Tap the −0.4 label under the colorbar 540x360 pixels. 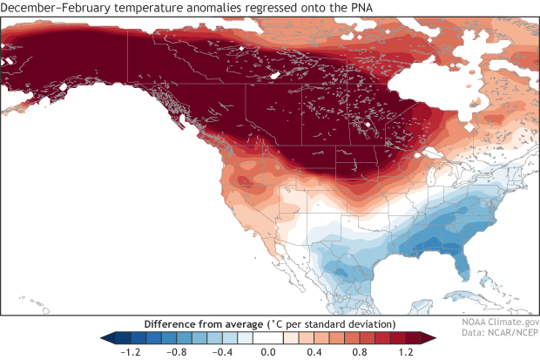pos(221,352)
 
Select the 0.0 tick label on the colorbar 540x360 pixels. pos(269,352)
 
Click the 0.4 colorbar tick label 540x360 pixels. pos(315,352)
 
